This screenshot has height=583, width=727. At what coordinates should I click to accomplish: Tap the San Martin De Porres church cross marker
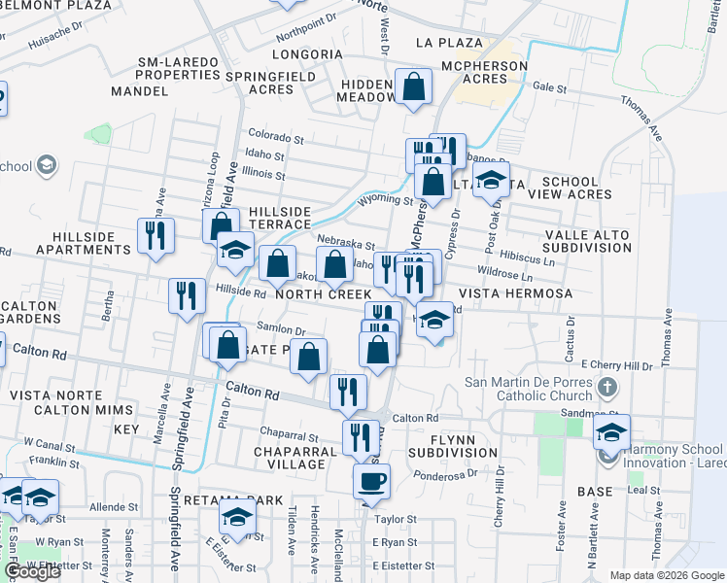[x=608, y=388]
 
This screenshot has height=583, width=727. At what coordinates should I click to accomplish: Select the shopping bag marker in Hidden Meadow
[x=414, y=86]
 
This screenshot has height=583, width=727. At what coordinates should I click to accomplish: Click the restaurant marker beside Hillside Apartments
[x=156, y=236]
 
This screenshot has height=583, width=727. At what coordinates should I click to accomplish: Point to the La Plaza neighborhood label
[x=448, y=43]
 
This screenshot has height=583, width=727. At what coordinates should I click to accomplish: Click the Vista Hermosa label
[x=514, y=293]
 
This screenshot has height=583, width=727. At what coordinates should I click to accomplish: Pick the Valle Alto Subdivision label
[x=589, y=241]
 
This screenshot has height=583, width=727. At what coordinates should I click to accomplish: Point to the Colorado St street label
[x=276, y=135]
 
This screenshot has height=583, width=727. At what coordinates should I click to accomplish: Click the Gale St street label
[x=549, y=87]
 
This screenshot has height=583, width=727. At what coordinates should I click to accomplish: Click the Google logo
[x=32, y=572]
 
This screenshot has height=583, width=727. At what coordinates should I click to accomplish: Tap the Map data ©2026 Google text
[x=666, y=575]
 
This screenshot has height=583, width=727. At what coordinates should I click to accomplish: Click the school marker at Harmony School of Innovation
[x=611, y=432]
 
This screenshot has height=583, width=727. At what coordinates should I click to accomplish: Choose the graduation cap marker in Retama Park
[x=236, y=520]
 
